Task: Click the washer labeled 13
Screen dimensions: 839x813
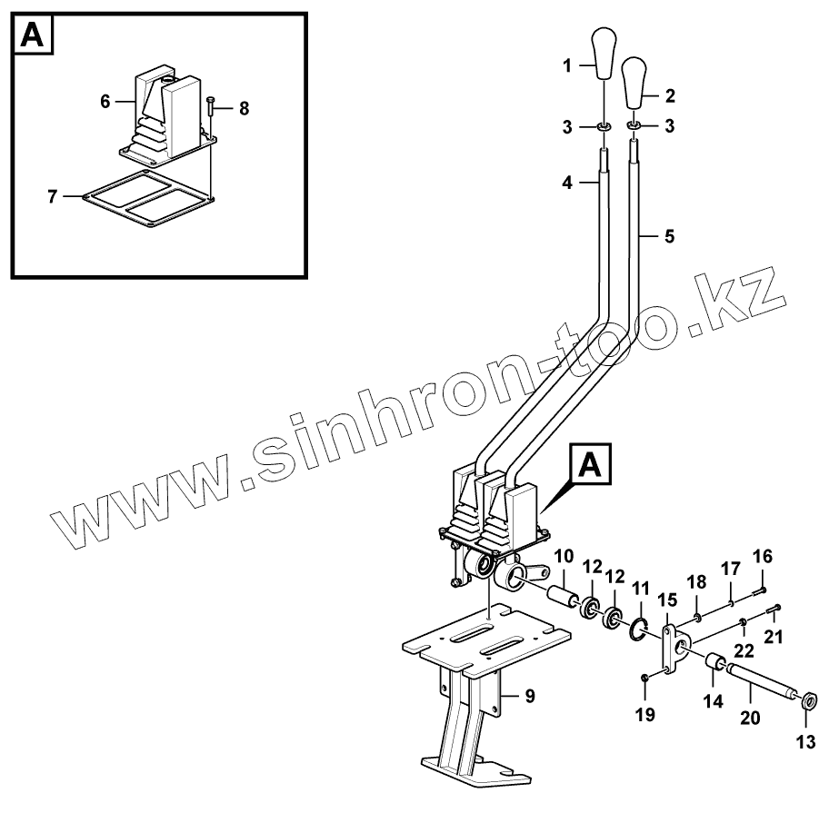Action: coord(808,699)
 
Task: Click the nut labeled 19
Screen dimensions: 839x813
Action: coord(644,679)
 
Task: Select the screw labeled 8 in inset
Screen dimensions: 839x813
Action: coord(211,106)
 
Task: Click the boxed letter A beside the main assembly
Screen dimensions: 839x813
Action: coord(590,467)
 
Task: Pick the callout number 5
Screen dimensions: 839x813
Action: coord(669,236)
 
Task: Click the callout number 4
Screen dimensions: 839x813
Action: coord(566,183)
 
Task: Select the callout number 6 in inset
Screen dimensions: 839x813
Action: coord(105,102)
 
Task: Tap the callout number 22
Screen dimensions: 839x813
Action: coord(743,650)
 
